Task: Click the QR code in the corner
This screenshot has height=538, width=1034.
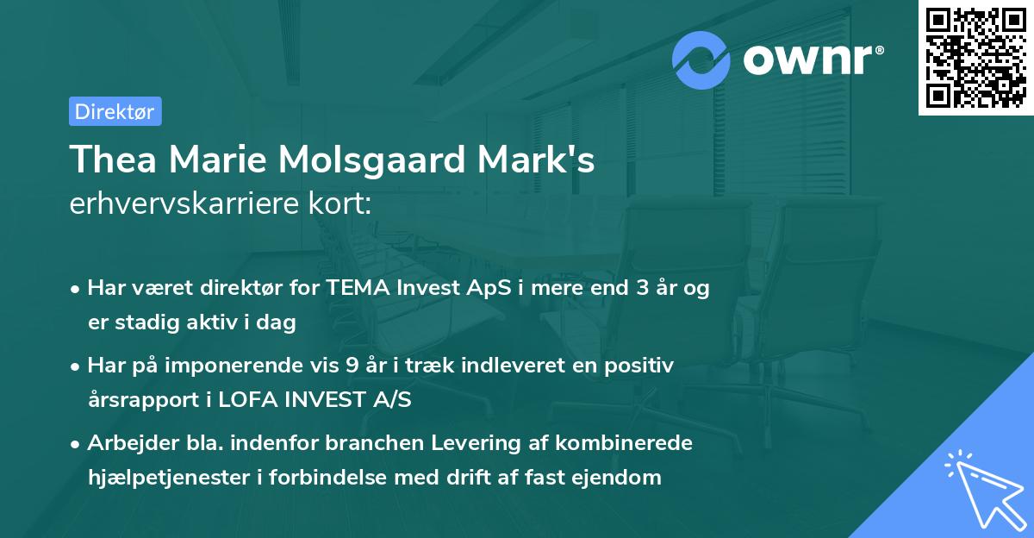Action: point(975,58)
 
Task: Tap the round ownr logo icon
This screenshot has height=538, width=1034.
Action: point(701,60)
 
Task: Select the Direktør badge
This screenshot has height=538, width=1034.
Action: point(115,111)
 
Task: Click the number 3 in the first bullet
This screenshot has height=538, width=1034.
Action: point(642,288)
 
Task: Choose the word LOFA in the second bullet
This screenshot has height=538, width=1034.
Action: point(246,400)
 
